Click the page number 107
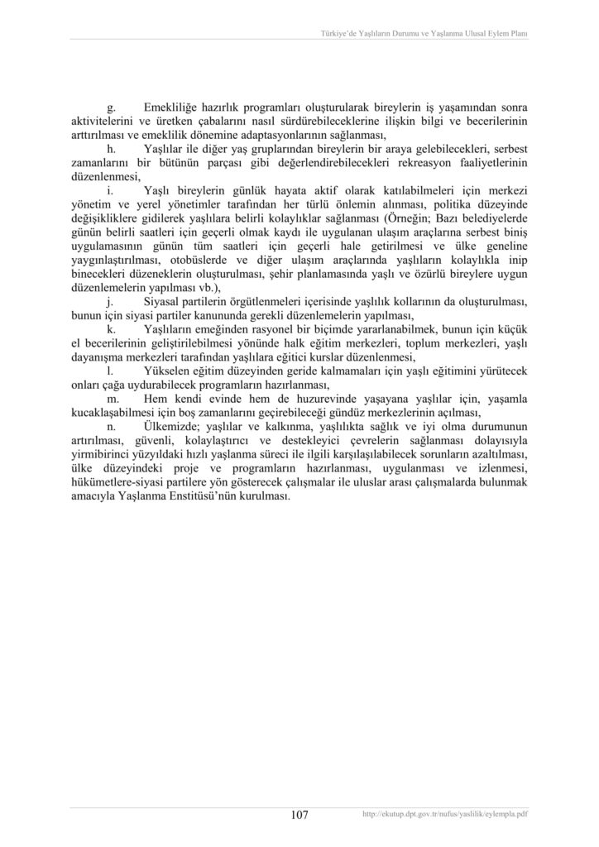(299, 815)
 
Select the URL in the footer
(445, 815)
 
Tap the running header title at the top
(424, 34)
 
